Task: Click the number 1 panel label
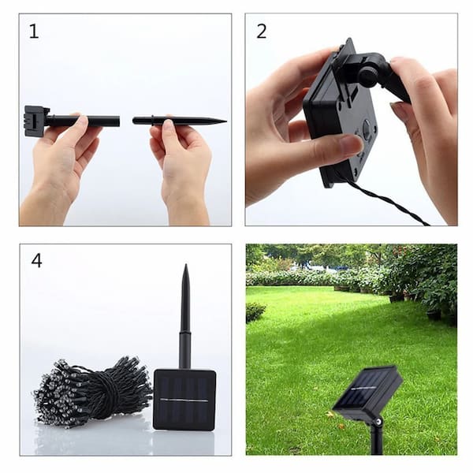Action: (x=34, y=32)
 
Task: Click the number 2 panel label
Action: (x=262, y=32)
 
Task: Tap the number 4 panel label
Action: (x=36, y=260)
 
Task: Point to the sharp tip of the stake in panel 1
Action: (x=225, y=121)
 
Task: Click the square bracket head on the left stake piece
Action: (x=36, y=121)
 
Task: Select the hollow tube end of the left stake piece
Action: (x=117, y=121)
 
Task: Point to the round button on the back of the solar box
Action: (x=367, y=125)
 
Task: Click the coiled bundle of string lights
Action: (x=92, y=389)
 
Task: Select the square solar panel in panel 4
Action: (x=184, y=400)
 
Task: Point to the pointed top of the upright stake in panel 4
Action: (x=186, y=266)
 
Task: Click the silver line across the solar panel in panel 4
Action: (x=184, y=400)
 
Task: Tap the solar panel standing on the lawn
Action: (x=368, y=392)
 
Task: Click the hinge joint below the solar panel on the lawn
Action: (x=378, y=421)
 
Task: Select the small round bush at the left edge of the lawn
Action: (x=255, y=312)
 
